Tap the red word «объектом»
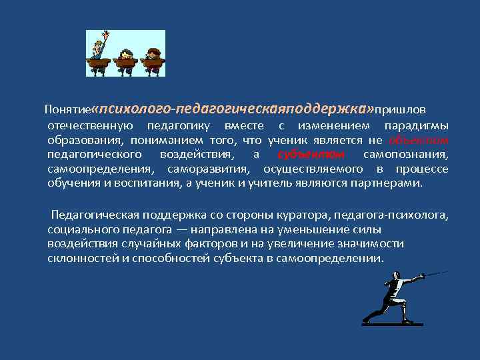pos(418,140)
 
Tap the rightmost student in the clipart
pos(153,59)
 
